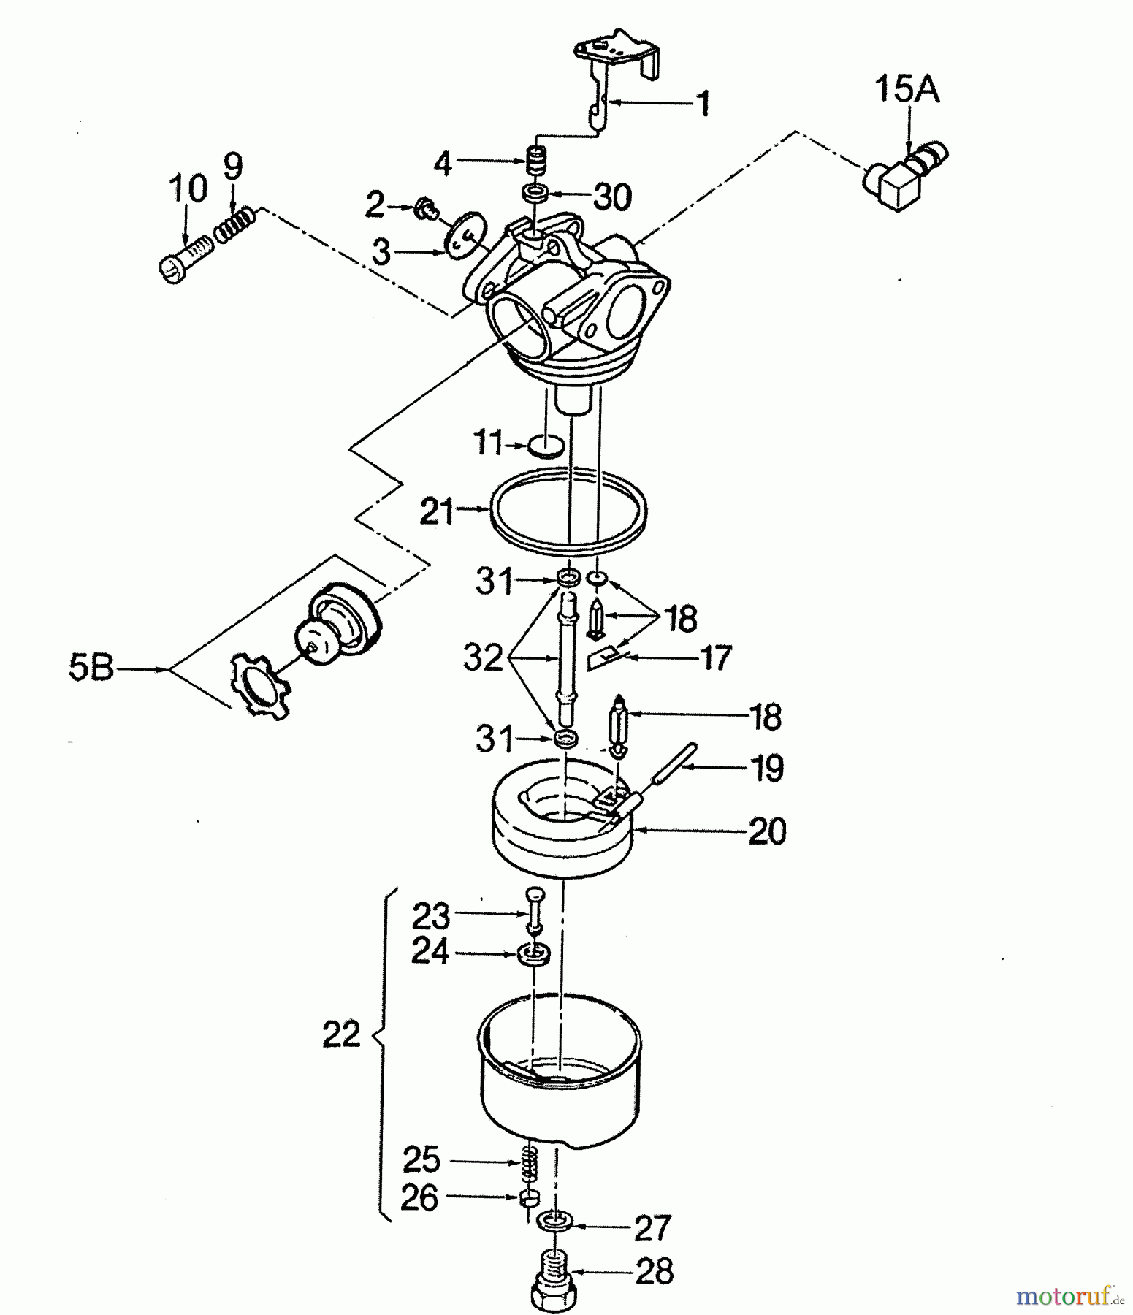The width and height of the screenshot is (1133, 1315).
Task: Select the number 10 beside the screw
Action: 187,188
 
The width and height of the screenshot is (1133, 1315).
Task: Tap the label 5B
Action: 92,668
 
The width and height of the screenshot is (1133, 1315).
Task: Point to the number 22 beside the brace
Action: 341,1034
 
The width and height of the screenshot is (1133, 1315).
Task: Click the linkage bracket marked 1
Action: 617,80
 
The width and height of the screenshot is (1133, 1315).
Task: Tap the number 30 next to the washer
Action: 611,197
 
